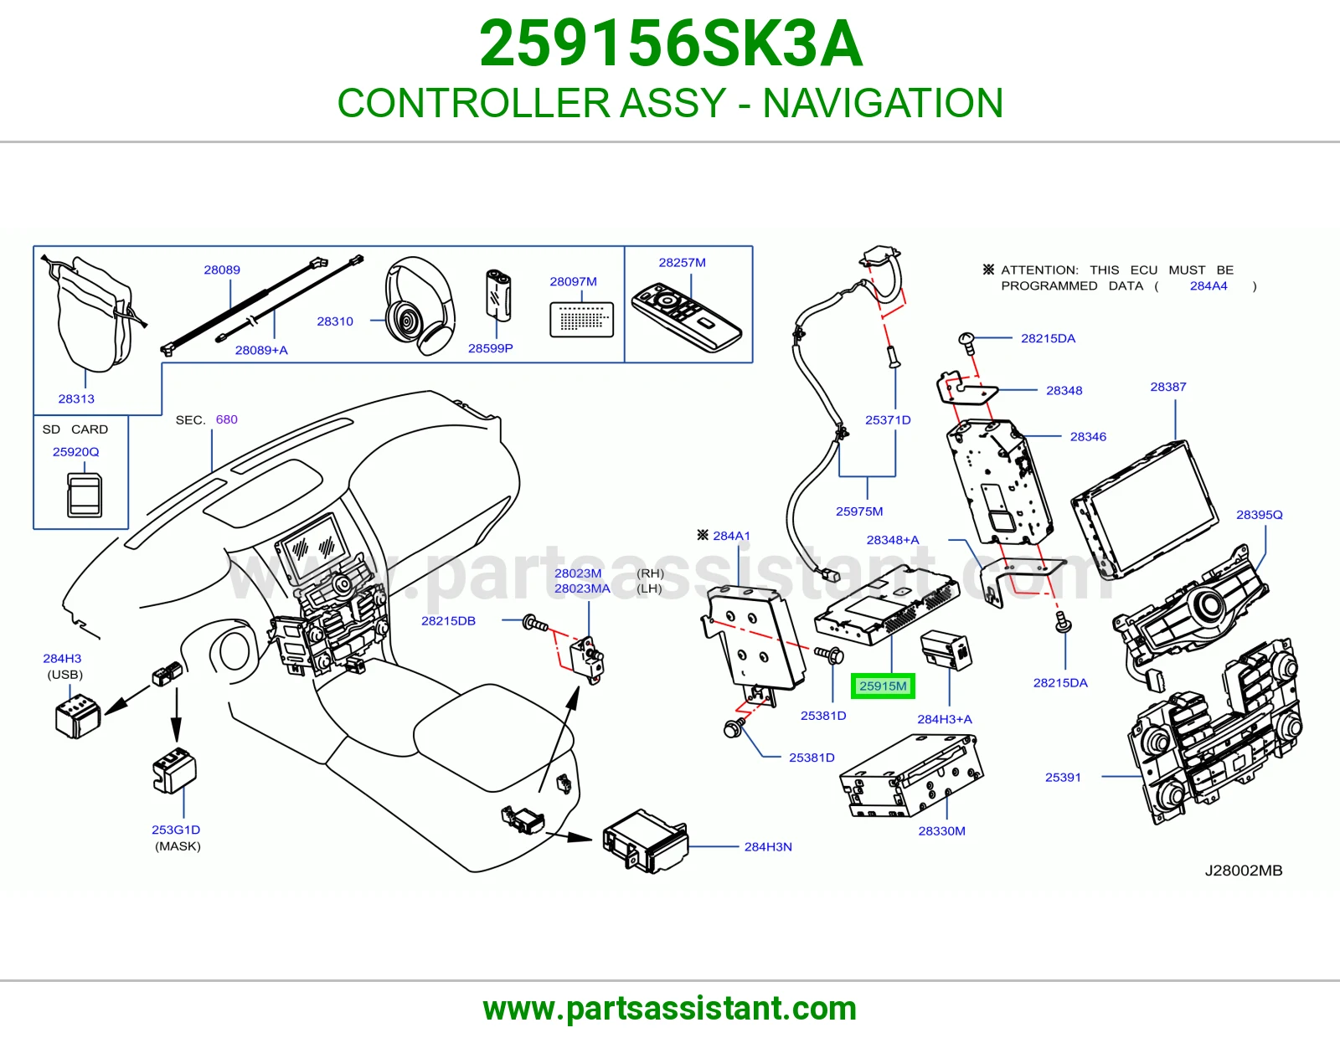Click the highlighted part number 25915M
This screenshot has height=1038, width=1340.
click(883, 686)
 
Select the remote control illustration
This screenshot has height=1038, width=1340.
click(686, 317)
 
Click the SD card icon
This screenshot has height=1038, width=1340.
click(84, 495)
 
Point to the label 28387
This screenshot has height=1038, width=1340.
click(1168, 387)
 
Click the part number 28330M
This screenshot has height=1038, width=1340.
click(941, 831)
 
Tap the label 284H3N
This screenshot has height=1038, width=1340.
click(768, 847)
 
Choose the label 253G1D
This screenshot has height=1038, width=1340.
click(176, 830)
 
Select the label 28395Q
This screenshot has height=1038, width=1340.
click(1260, 515)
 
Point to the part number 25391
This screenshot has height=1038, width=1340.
click(1063, 778)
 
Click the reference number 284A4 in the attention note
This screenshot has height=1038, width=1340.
click(1208, 286)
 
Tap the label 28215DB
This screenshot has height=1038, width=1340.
click(448, 620)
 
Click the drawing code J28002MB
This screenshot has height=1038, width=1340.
click(1243, 871)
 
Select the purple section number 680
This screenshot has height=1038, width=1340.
click(226, 419)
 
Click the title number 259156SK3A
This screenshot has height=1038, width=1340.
click(671, 44)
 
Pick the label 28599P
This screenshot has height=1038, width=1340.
click(490, 348)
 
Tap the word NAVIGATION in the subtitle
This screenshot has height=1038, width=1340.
click(883, 103)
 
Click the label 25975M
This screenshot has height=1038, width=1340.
click(859, 511)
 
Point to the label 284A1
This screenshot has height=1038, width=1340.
click(731, 536)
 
